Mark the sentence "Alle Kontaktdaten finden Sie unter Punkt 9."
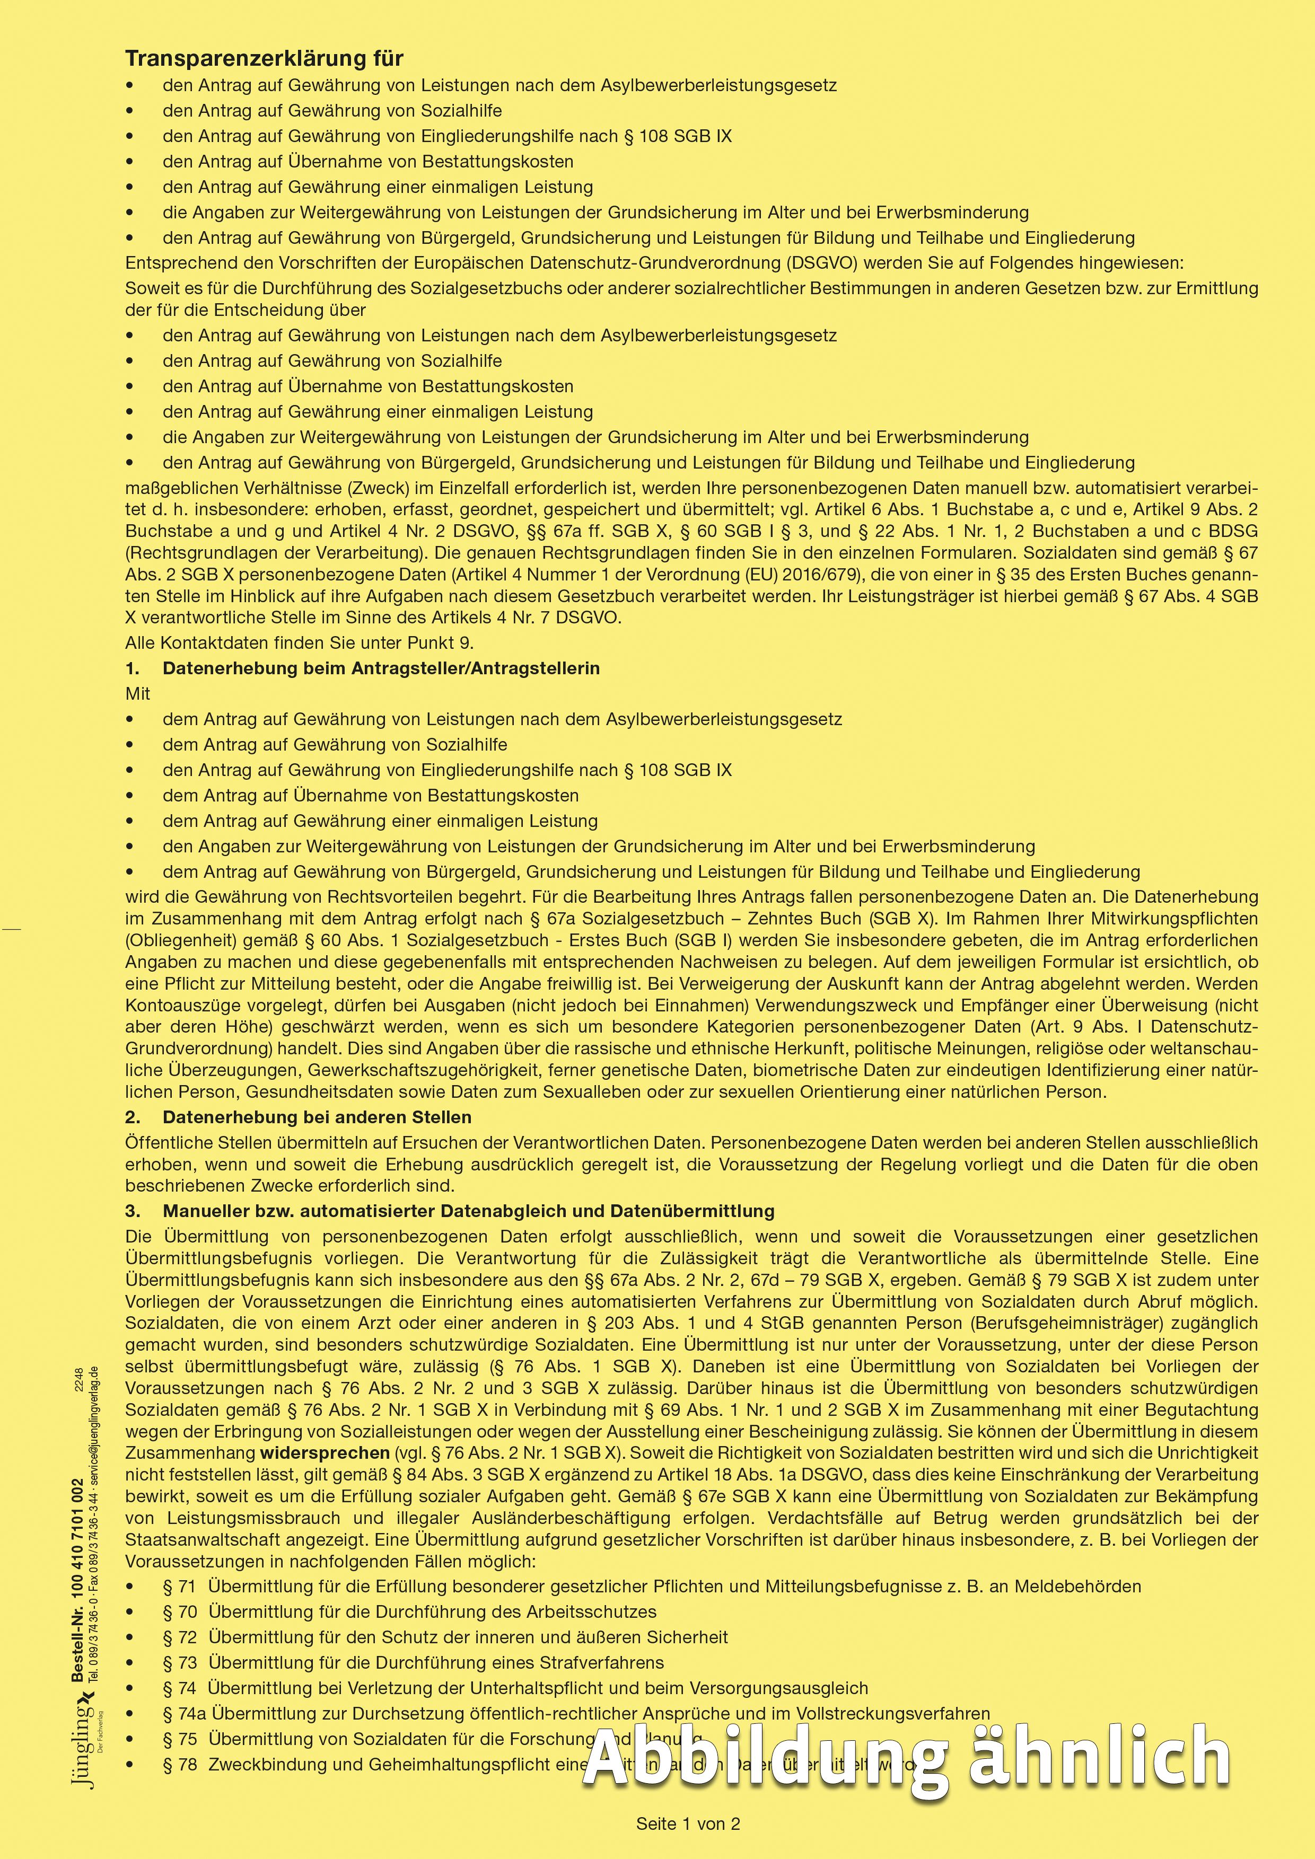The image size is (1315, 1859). coord(300,643)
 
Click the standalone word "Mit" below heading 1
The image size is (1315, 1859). coord(138,694)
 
